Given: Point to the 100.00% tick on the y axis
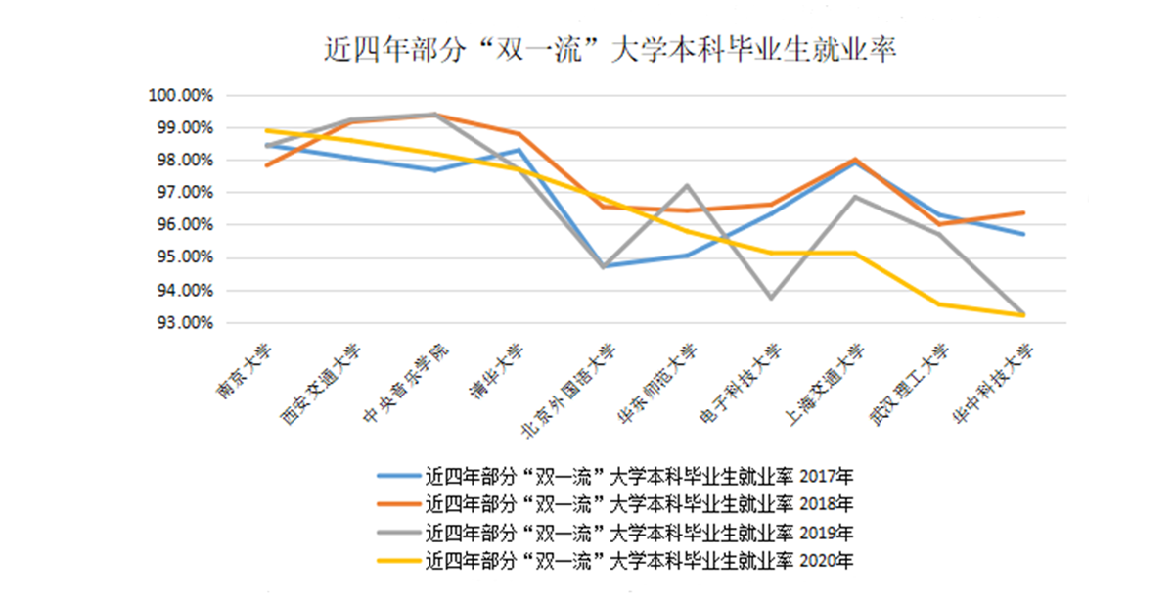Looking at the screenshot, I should coord(180,96).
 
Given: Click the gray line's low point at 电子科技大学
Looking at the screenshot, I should coord(771,298).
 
